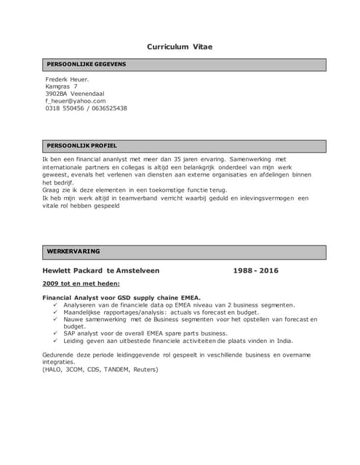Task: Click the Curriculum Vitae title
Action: point(180,47)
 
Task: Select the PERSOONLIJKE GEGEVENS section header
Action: point(86,65)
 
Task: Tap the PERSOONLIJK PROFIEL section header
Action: point(81,146)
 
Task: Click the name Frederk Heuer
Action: point(67,79)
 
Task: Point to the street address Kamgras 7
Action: point(61,86)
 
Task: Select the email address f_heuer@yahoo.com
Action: point(76,101)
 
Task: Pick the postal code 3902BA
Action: point(56,94)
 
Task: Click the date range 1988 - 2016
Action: point(255,271)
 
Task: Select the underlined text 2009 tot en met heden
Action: point(81,284)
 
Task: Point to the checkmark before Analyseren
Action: point(56,305)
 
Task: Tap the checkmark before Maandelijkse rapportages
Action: point(56,312)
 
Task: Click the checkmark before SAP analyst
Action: point(56,333)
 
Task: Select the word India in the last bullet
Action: point(284,340)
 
